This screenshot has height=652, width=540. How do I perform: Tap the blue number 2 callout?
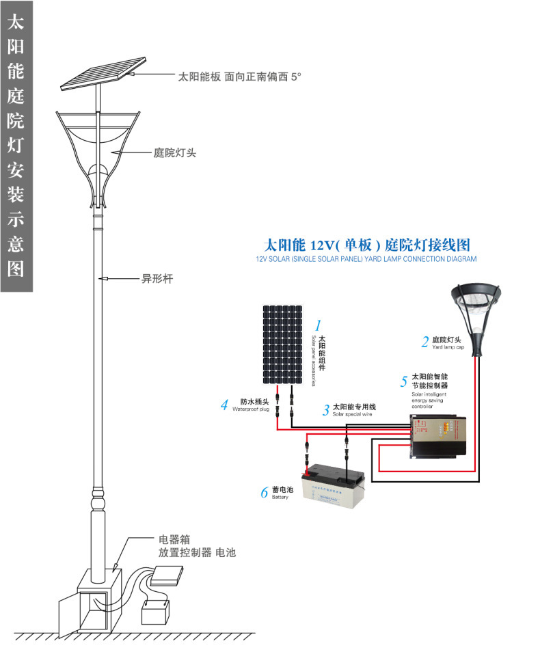424,341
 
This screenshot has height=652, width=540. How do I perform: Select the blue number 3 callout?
326,410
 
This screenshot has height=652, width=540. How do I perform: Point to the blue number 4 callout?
224,405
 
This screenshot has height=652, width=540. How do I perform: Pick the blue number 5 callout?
404,381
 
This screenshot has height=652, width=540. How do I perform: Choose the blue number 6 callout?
264,492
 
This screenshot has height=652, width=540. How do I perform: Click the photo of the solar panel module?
282,344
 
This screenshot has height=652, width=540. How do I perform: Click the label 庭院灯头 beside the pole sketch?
175,153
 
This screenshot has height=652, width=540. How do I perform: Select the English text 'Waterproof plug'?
252,409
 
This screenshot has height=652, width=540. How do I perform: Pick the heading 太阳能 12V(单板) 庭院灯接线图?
367,245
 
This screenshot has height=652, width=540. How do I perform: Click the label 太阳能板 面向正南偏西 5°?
239,77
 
